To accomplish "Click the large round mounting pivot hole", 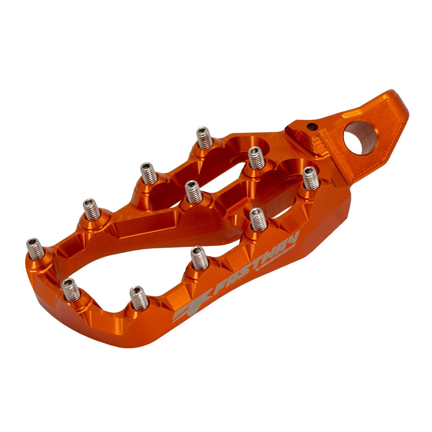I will [359, 138].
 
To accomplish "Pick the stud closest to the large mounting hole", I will [311, 178].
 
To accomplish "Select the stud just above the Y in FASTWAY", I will [258, 220].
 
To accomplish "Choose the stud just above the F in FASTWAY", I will [199, 258].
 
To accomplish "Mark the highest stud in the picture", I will [204, 138].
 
